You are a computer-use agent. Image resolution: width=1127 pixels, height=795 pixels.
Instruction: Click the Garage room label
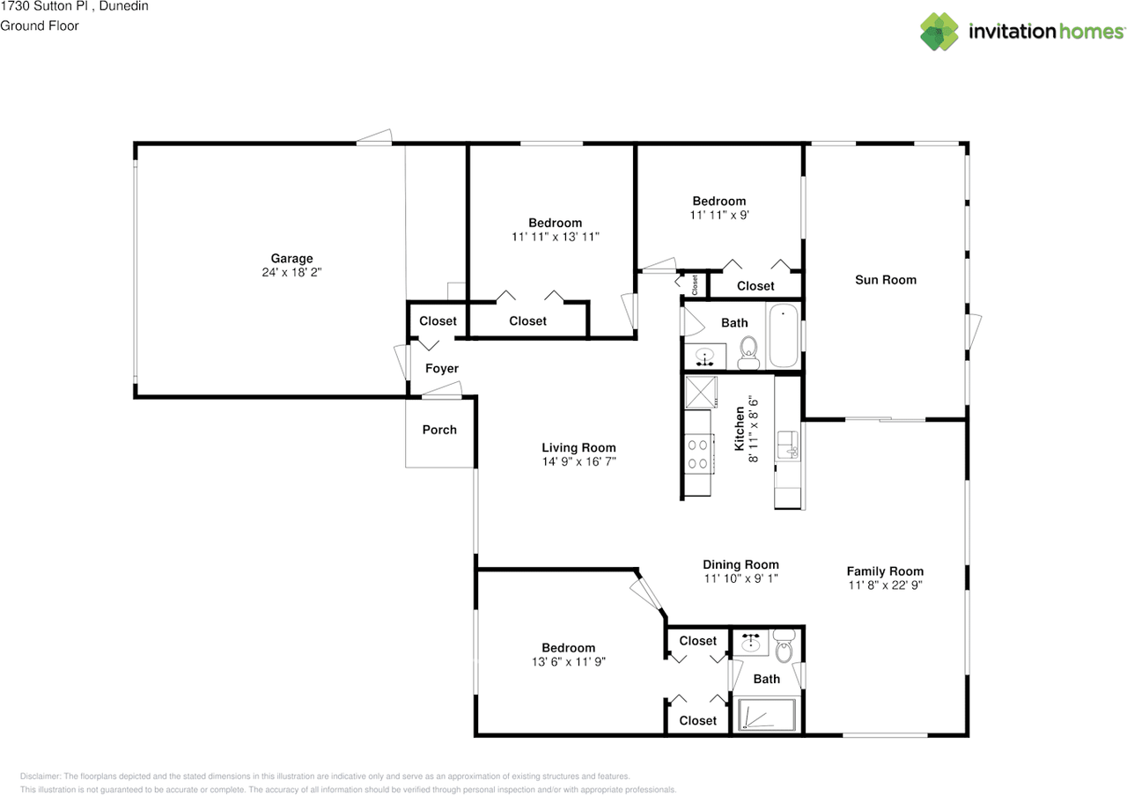point(291,258)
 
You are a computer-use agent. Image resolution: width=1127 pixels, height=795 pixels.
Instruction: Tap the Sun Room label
point(886,280)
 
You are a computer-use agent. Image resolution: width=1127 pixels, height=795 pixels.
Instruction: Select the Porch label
point(439,430)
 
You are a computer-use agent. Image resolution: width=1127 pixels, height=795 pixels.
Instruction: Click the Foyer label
point(442,369)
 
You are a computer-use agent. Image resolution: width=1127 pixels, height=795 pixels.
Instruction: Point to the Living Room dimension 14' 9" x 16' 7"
point(578,461)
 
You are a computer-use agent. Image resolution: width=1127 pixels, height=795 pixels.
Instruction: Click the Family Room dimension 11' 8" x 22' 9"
point(885,585)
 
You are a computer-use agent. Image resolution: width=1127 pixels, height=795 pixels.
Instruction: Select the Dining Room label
point(740,564)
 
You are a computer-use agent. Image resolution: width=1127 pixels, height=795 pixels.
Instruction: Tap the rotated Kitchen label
point(740,429)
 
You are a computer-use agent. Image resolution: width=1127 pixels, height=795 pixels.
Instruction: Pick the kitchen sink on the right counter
point(789,446)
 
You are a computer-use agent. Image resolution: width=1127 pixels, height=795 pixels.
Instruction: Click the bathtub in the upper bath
point(783,336)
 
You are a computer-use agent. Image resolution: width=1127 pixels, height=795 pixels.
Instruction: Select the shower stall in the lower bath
point(766,714)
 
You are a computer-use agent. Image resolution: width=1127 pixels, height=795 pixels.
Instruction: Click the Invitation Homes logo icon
point(939,31)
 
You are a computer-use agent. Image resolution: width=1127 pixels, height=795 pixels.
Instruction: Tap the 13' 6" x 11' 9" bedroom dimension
point(568,661)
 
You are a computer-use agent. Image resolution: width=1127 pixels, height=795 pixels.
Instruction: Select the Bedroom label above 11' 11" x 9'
point(718,201)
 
